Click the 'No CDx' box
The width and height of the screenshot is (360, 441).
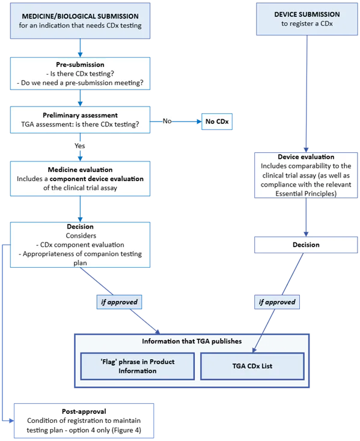click(x=218, y=122)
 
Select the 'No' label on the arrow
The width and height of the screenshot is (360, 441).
click(x=167, y=122)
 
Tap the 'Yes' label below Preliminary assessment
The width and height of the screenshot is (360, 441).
click(x=79, y=146)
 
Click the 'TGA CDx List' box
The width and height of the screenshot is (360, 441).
click(x=253, y=366)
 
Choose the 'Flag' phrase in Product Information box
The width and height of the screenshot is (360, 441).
click(x=138, y=366)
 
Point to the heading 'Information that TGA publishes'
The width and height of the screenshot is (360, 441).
click(x=192, y=341)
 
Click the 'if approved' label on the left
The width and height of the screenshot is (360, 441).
click(x=117, y=301)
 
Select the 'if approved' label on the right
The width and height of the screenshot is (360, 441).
click(x=277, y=301)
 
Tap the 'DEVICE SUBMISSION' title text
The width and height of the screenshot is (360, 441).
click(x=307, y=14)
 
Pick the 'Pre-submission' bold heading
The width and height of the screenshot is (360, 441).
click(x=79, y=64)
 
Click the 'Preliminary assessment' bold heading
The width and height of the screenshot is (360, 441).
click(x=79, y=116)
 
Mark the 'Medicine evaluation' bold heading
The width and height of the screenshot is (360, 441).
click(x=79, y=170)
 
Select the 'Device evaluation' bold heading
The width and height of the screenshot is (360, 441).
click(x=306, y=157)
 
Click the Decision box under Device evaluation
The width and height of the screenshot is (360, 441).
click(x=306, y=245)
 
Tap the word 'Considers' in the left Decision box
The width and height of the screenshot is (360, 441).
click(x=79, y=236)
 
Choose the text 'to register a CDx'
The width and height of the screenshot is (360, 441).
click(x=307, y=24)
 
